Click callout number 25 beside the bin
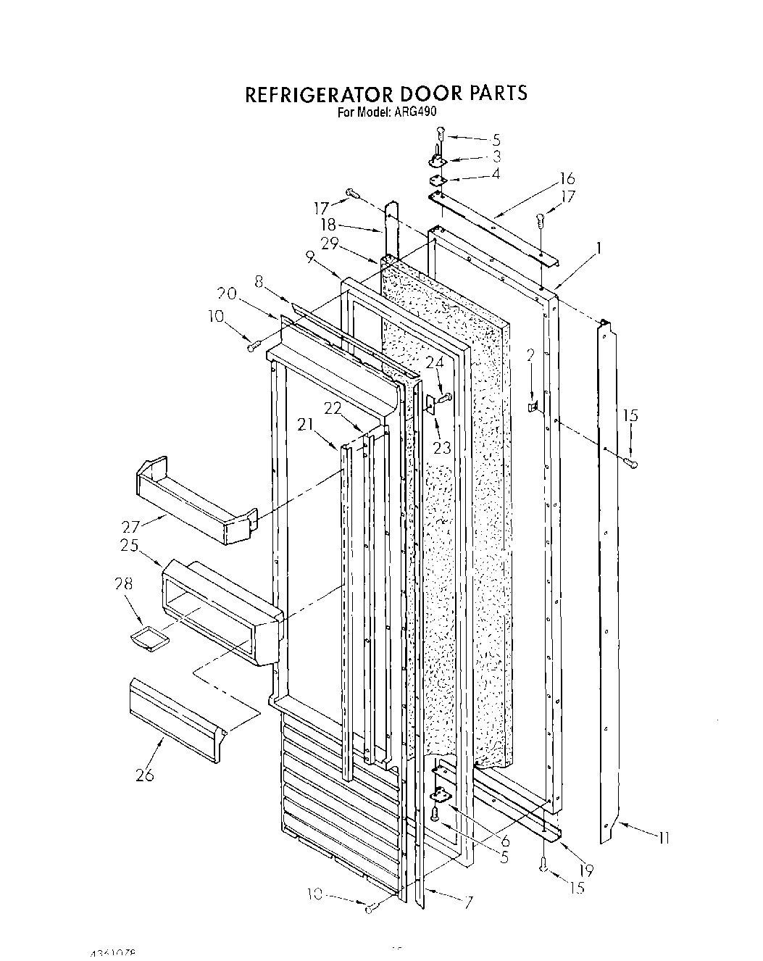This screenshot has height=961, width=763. pyautogui.click(x=130, y=545)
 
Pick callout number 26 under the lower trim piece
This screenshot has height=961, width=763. pyautogui.click(x=144, y=775)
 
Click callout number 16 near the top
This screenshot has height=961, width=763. pyautogui.click(x=567, y=179)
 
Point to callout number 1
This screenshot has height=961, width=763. pyautogui.click(x=598, y=248)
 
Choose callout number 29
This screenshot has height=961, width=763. pyautogui.click(x=330, y=244)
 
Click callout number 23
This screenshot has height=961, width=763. pyautogui.click(x=442, y=447)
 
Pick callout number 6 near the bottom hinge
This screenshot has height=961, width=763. pyautogui.click(x=504, y=842)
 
